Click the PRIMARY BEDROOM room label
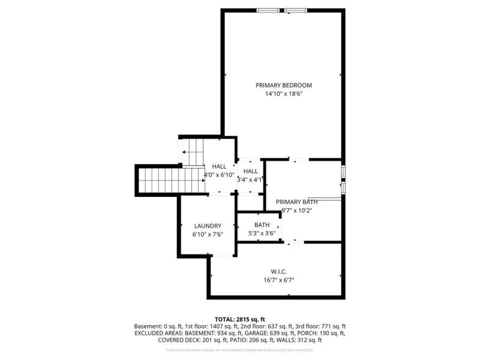(x=283, y=85)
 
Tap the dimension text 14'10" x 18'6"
(x=283, y=94)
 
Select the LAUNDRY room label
(x=208, y=226)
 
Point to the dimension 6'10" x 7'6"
(x=208, y=235)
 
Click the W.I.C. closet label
(x=279, y=271)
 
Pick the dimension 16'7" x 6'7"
(x=279, y=280)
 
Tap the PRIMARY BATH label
(x=296, y=202)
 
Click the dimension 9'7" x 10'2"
(x=296, y=210)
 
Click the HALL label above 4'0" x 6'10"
(x=219, y=166)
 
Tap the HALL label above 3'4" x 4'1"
(x=250, y=171)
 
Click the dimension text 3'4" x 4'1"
(x=250, y=179)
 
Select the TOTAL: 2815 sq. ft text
(x=239, y=319)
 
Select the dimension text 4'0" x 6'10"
(x=219, y=175)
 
